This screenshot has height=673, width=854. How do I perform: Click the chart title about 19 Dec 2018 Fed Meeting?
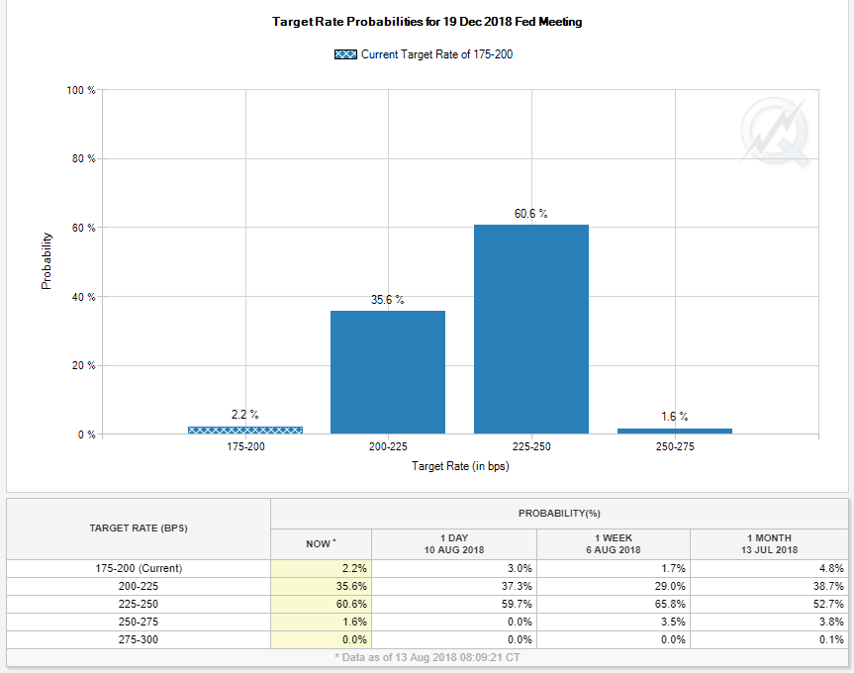(427, 22)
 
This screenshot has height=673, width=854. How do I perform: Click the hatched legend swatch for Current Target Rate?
(346, 54)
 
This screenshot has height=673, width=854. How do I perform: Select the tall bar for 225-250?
(531, 329)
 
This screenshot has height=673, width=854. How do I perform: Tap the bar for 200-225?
(388, 372)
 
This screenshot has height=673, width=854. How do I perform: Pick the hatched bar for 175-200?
(245, 430)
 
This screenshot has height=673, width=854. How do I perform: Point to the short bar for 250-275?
(675, 431)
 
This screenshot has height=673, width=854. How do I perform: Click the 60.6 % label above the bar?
(531, 214)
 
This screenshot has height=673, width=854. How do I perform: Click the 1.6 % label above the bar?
(675, 417)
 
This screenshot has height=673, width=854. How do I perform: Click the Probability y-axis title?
(47, 261)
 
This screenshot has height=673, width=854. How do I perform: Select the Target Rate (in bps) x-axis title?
(460, 466)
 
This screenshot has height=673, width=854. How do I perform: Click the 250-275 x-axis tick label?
(675, 447)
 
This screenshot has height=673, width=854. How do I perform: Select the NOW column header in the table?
(319, 543)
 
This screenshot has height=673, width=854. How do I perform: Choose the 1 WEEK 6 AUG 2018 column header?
(614, 543)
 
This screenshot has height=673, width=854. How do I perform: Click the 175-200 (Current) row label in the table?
(138, 568)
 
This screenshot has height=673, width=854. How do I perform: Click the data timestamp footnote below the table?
(427, 656)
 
